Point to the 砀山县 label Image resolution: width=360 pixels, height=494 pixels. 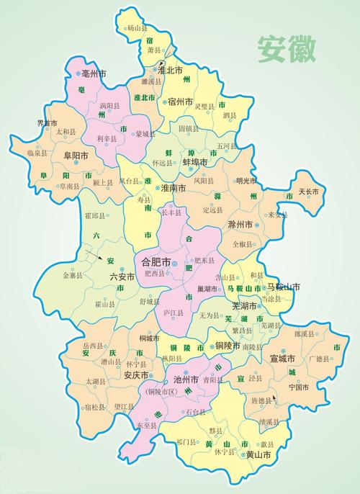(x=136, y=28)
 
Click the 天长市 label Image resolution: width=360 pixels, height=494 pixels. (x=315, y=192)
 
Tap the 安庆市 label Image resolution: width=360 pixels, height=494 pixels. (x=135, y=375)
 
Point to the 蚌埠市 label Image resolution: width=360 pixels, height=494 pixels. (x=194, y=163)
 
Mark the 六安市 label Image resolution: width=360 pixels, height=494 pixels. (x=122, y=276)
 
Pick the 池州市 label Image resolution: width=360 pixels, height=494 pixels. (x=186, y=379)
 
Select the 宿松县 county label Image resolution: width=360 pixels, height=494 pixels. (x=96, y=407)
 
